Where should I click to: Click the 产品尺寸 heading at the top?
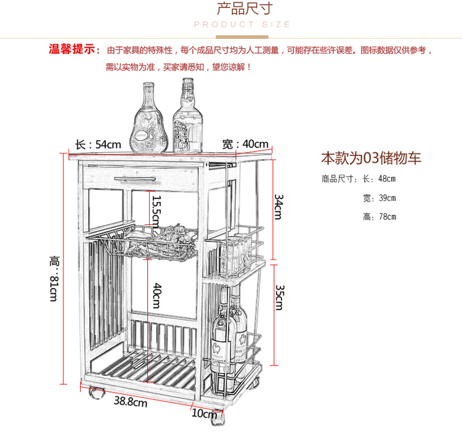pyautogui.click(x=245, y=9)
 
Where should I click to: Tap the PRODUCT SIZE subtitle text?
pyautogui.click(x=242, y=25)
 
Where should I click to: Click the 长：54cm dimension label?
pyautogui.click(x=98, y=145)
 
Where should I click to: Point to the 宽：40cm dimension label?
pyautogui.click(x=245, y=144)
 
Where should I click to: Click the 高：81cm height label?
pyautogui.click(x=54, y=279)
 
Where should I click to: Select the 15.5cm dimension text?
pyautogui.click(x=156, y=211)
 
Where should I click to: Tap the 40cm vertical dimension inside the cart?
pyautogui.click(x=157, y=296)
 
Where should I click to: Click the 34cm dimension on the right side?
pyautogui.click(x=278, y=207)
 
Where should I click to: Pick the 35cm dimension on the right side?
pyautogui.click(x=280, y=297)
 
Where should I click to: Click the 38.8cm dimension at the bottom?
pyautogui.click(x=131, y=401)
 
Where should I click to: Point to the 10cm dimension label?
pyautogui.click(x=204, y=413)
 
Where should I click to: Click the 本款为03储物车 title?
pyautogui.click(x=371, y=158)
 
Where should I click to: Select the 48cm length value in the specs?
pyautogui.click(x=387, y=179)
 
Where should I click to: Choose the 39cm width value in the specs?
pyautogui.click(x=387, y=198)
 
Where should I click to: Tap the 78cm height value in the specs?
pyautogui.click(x=387, y=217)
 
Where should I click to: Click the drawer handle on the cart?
pyautogui.click(x=135, y=179)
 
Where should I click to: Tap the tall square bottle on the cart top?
pyautogui.click(x=188, y=116)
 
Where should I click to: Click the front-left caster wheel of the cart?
pyautogui.click(x=97, y=393)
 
